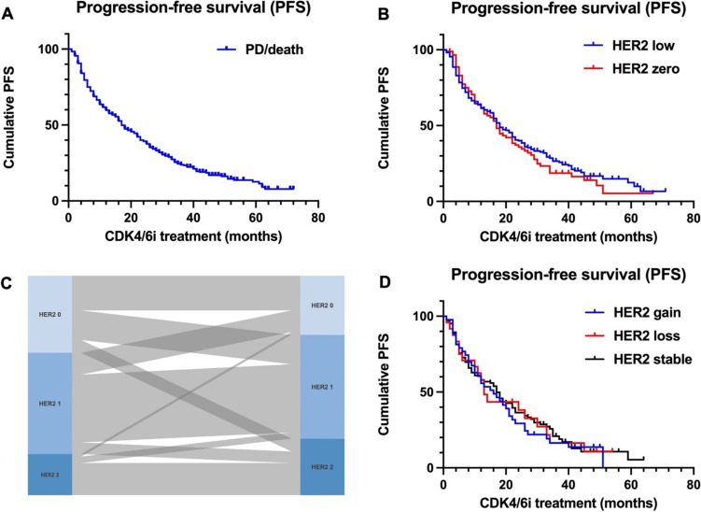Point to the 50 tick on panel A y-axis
coord(54,124)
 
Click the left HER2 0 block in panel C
coord(49,302)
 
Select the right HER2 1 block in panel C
coord(323,387)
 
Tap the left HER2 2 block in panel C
coord(49,475)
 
